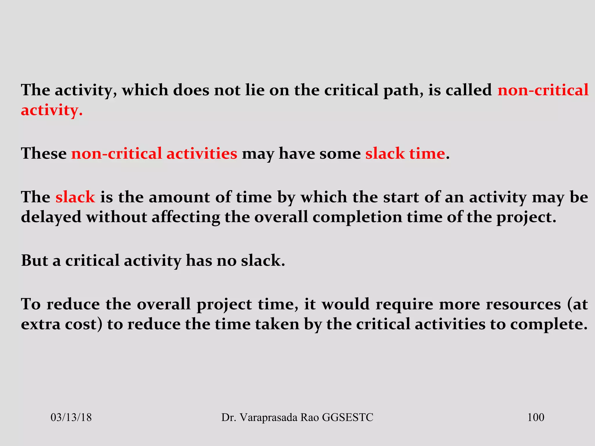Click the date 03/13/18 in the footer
(71, 418)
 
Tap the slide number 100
(535, 418)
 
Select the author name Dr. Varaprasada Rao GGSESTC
(297, 418)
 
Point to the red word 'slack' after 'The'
(75, 197)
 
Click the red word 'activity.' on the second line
(52, 111)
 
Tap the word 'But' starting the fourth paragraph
(34, 260)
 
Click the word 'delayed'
(51, 217)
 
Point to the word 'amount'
(180, 197)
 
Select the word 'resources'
(523, 304)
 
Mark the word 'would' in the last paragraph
(345, 304)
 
